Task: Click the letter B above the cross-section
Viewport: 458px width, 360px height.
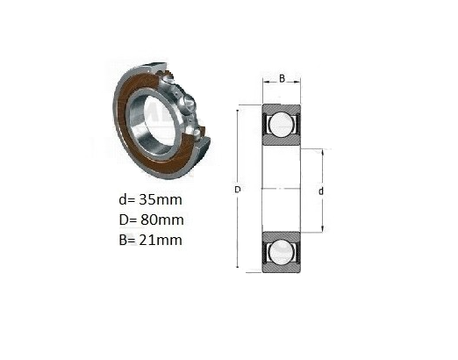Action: click(x=282, y=78)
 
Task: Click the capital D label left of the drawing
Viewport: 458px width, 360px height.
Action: click(x=238, y=190)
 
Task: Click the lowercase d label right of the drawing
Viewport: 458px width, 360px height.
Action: click(x=321, y=191)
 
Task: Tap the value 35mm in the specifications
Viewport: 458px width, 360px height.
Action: click(x=161, y=199)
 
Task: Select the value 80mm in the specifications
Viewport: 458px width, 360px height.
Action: click(x=162, y=220)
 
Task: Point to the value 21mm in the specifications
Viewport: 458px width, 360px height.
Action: click(x=161, y=240)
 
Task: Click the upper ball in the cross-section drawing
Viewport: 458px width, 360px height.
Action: click(x=282, y=124)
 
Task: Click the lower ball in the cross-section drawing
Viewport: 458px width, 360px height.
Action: click(x=282, y=252)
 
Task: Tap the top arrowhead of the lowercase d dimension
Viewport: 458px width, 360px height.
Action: click(x=323, y=153)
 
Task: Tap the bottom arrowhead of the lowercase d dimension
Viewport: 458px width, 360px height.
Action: click(x=323, y=229)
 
